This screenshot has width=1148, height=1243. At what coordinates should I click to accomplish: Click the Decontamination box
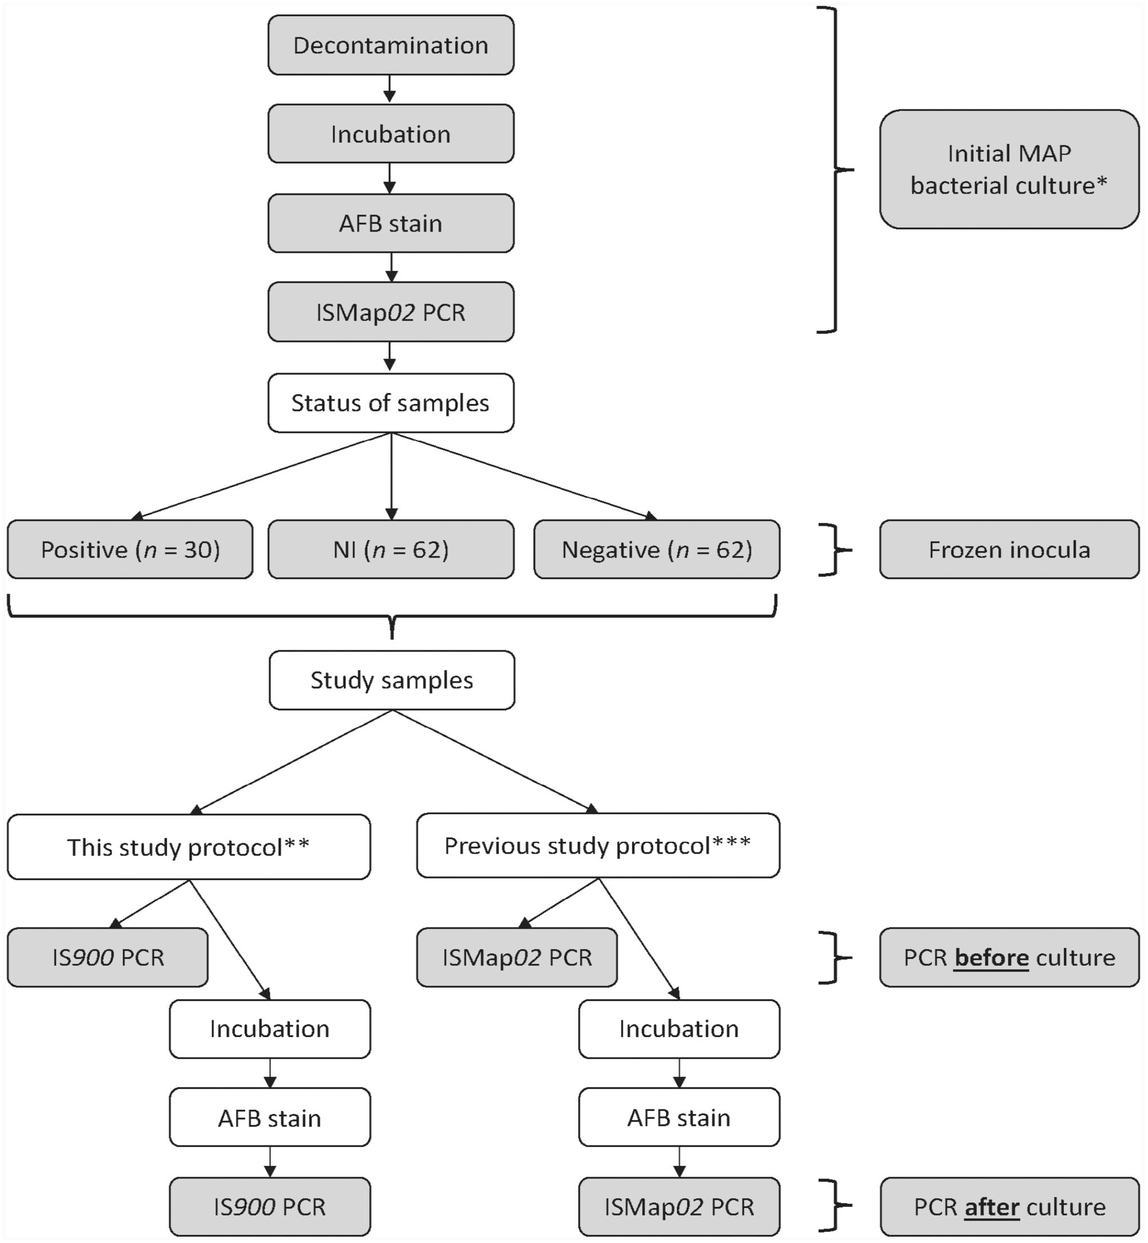[x=391, y=45]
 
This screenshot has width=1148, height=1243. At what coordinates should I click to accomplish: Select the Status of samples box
[x=391, y=403]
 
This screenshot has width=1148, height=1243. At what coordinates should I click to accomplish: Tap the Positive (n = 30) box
[x=130, y=550]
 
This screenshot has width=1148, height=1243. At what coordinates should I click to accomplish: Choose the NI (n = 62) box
[x=391, y=550]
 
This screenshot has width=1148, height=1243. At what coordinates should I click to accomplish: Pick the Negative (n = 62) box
[x=656, y=550]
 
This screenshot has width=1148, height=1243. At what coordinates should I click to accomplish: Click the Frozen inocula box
[x=1009, y=550]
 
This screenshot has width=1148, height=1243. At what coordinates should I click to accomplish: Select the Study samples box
[x=392, y=680]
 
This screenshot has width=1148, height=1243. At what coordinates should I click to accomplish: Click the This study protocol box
[x=189, y=847]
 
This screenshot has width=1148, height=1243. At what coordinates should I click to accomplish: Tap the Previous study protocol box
[x=598, y=845]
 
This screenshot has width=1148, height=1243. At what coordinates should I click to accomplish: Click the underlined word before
[x=992, y=958]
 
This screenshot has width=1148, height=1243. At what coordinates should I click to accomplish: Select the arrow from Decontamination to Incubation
[x=390, y=90]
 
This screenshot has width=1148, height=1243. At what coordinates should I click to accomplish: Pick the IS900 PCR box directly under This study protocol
[x=108, y=957]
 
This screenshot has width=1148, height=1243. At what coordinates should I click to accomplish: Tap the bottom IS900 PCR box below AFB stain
[x=270, y=1207]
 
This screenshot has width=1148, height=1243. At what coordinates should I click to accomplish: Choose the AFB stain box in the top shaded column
[x=391, y=223]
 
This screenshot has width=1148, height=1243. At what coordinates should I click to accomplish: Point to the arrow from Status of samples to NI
[x=391, y=476]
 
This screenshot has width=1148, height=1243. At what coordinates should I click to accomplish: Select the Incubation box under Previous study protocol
[x=680, y=1028]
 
